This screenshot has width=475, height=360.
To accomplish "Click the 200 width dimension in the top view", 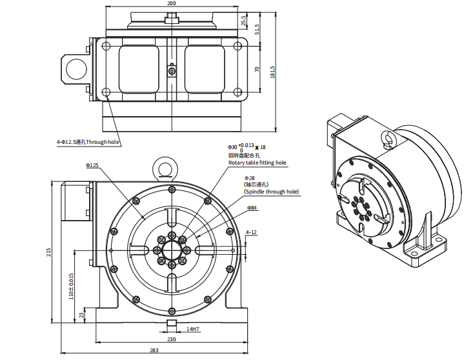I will pos(171,3).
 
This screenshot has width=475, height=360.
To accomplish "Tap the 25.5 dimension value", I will pos(243,21).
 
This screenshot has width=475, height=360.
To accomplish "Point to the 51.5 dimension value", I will pos(257,30).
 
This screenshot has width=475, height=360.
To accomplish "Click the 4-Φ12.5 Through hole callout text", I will pos(88,142).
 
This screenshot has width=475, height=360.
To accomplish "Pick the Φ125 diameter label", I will pos(92,166).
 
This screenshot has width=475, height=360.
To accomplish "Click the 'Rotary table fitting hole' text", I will pos(257,163).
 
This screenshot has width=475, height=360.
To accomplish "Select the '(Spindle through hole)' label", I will pos(271,192).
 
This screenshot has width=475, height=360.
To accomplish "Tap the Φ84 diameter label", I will pos(252,208).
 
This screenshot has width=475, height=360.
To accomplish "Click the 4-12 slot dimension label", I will pos(251,232).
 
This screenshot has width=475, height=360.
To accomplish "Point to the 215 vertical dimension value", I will pos(49,252).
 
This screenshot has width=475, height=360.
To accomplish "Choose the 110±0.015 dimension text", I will pos(72,285).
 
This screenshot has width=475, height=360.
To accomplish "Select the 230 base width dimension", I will pos(171,339).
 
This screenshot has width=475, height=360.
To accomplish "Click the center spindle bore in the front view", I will pos(172,250).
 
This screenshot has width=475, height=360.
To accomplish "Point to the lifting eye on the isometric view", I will pos(387,139).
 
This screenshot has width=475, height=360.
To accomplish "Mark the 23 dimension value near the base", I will pos(81,315).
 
